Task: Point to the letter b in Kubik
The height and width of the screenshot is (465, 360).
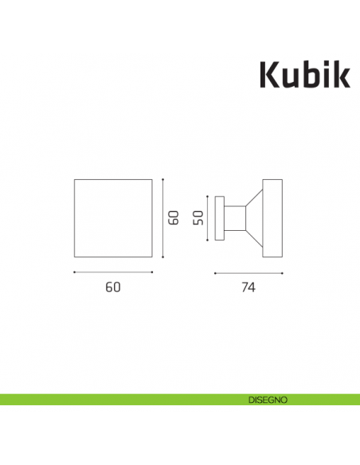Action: coord(310,73)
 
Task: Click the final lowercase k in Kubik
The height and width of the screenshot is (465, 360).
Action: coord(340,73)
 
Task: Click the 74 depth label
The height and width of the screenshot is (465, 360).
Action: coord(248,287)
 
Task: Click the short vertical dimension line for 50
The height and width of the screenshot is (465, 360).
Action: coord(208,217)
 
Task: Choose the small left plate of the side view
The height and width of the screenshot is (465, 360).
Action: coord(218,217)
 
